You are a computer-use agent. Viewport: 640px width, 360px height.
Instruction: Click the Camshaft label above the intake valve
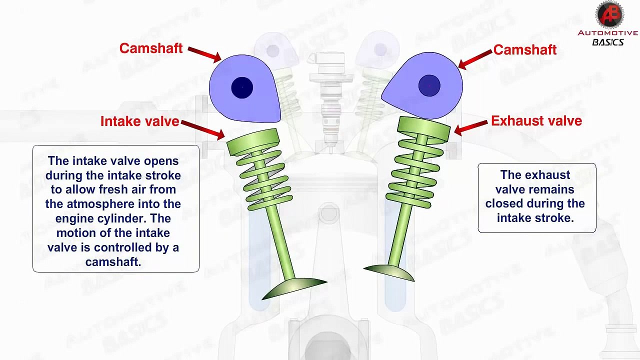151,48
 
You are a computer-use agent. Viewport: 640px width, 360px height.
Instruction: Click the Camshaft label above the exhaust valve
525,49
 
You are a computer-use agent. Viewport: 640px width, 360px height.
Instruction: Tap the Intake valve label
139,121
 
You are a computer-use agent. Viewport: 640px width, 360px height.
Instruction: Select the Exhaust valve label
536,121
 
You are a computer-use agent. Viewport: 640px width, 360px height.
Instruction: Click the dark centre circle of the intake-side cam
242,87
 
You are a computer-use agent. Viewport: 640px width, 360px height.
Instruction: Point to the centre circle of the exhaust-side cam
429,85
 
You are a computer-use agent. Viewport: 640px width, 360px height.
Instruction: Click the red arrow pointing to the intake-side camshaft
204,54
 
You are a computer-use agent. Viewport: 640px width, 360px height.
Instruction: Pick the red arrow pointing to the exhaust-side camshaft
475,59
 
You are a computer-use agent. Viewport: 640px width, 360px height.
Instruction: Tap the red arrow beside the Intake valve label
203,130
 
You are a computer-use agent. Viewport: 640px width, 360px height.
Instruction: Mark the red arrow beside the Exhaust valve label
470,127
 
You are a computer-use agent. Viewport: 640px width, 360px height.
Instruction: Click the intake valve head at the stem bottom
294,288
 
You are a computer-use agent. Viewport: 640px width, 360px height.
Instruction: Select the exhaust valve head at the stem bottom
389,272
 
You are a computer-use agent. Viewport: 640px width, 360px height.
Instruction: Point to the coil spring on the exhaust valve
413,173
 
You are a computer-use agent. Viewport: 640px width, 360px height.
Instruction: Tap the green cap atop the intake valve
253,142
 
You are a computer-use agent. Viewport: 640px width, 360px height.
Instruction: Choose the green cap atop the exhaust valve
424,128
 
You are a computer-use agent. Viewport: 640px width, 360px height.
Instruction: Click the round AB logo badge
609,15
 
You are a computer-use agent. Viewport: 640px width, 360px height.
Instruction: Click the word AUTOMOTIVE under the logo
607,33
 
